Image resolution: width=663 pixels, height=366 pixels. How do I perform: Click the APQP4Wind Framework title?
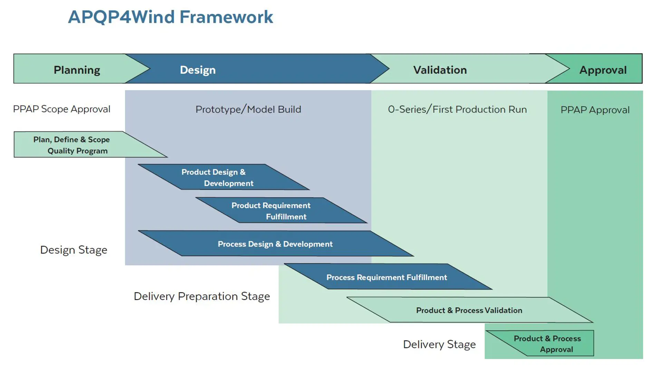[x=170, y=17]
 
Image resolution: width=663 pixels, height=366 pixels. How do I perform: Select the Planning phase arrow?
[x=77, y=70]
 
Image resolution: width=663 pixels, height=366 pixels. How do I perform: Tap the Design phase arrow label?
[x=198, y=70]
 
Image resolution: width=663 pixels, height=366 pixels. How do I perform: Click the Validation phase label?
[x=440, y=70]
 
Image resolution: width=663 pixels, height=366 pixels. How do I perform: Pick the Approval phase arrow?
[x=603, y=70]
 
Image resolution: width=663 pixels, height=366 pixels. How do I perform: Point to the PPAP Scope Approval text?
[x=62, y=109]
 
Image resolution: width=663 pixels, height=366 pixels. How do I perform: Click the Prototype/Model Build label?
[x=248, y=110]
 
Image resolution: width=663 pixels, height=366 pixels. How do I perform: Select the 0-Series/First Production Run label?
[x=457, y=110]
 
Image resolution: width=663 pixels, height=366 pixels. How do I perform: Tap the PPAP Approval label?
[x=595, y=110]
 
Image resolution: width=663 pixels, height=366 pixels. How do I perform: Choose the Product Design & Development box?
[x=221, y=177]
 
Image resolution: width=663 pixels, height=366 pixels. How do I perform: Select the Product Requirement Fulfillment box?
[x=276, y=210]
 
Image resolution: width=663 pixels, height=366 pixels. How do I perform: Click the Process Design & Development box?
[x=275, y=244]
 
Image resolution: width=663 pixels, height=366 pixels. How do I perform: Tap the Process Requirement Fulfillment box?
[x=387, y=277]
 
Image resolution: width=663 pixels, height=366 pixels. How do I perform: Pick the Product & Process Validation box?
[x=469, y=310]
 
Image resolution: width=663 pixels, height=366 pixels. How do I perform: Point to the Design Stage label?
[x=74, y=250]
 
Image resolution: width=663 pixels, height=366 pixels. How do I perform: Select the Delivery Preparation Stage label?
[x=202, y=296]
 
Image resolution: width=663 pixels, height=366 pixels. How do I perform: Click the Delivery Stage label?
[x=439, y=344]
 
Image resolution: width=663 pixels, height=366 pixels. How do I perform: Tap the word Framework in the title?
[x=226, y=17]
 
